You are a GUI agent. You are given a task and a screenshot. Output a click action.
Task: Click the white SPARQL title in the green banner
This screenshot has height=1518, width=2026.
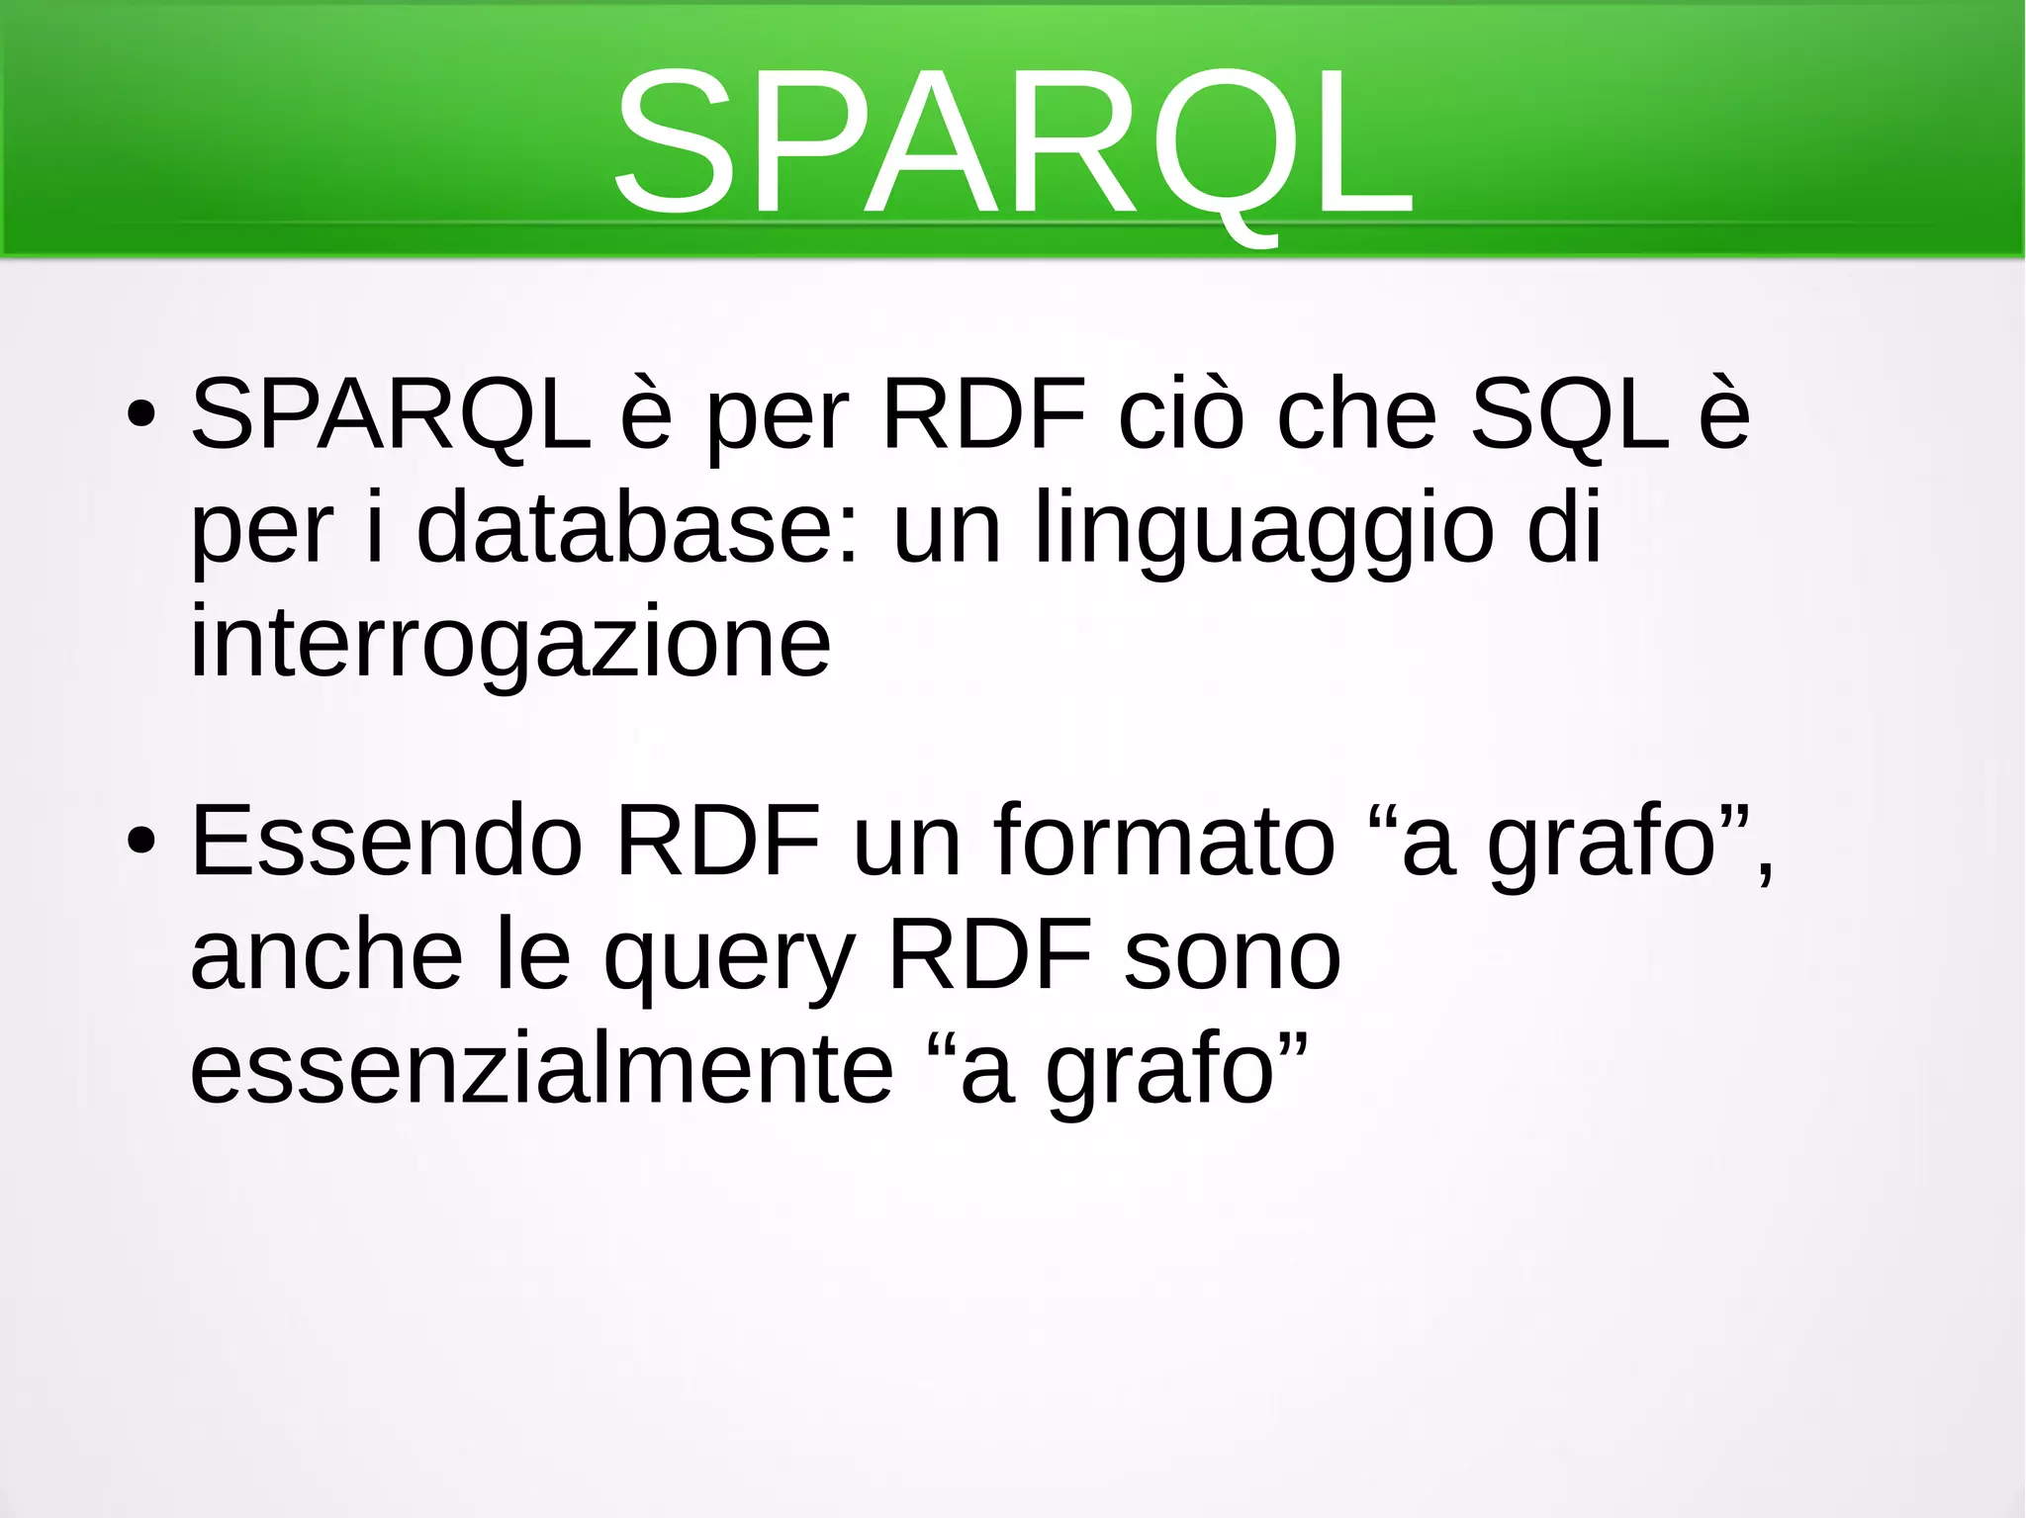pos(1013,143)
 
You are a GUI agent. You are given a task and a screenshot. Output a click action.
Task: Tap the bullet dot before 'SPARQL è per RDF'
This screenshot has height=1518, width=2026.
pos(140,415)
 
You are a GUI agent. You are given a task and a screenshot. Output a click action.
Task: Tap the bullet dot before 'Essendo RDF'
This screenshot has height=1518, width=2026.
pos(140,841)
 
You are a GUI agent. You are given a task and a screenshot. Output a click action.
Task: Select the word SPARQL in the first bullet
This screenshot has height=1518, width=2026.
pos(391,415)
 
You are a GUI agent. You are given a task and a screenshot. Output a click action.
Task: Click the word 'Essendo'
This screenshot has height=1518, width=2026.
pos(387,841)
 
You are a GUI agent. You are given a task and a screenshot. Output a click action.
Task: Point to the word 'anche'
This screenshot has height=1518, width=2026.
pos(326,955)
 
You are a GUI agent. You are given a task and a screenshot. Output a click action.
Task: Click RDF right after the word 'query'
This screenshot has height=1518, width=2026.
pos(990,955)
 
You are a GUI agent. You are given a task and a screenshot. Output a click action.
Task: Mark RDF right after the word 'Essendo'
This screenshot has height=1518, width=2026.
pos(718,841)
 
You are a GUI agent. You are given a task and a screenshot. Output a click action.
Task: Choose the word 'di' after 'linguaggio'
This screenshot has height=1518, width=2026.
pos(1564,529)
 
